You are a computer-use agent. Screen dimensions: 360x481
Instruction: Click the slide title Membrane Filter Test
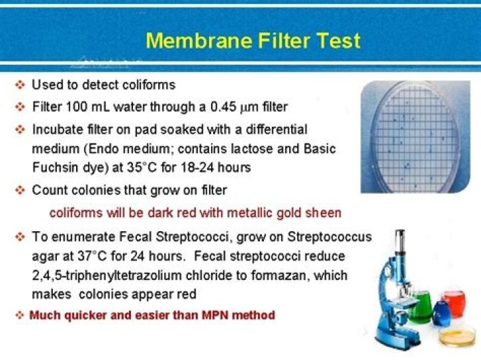(253, 41)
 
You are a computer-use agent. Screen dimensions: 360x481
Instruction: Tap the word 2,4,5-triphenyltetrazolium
(109, 275)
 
